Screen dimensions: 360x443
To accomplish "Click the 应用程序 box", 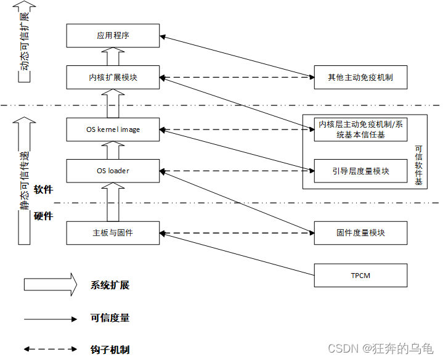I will pyautogui.click(x=113, y=36).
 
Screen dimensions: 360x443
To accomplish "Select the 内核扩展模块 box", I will pyautogui.click(x=113, y=78).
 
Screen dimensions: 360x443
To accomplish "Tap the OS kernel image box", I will pyautogui.click(x=113, y=129).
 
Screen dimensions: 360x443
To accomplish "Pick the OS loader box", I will pyautogui.click(x=113, y=171).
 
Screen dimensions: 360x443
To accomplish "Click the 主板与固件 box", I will pyautogui.click(x=113, y=233).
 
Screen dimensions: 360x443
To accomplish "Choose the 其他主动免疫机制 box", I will pyautogui.click(x=360, y=78).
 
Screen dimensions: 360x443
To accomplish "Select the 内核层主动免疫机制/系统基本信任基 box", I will pyautogui.click(x=360, y=129).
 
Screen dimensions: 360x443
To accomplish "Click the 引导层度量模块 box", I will pyautogui.click(x=360, y=171).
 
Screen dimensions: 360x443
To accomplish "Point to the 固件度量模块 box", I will pyautogui.click(x=360, y=233).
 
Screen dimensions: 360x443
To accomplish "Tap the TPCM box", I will pyautogui.click(x=360, y=275).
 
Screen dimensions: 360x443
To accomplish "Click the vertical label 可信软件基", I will pyautogui.click(x=418, y=165).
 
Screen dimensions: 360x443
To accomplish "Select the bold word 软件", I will pyautogui.click(x=43, y=189).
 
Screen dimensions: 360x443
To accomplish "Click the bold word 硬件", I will pyautogui.click(x=43, y=216).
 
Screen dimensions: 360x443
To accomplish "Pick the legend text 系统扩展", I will pyautogui.click(x=110, y=285).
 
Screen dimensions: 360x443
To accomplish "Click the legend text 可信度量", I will pyautogui.click(x=110, y=318).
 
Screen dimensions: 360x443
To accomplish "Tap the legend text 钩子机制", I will pyautogui.click(x=110, y=350).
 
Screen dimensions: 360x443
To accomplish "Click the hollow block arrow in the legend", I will pyautogui.click(x=50, y=285).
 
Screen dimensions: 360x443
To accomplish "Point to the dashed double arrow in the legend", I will pyautogui.click(x=50, y=350).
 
